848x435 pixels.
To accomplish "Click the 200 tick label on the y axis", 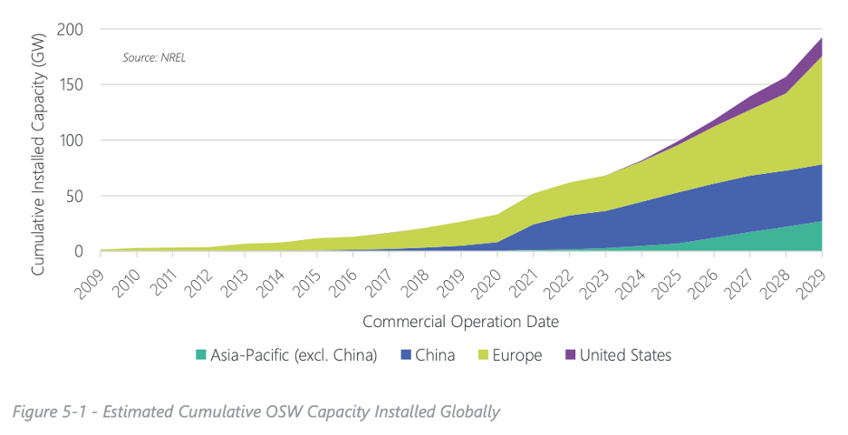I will click(x=71, y=30).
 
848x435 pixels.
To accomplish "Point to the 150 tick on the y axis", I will click(x=71, y=85).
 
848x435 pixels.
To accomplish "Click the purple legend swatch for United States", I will click(x=570, y=355).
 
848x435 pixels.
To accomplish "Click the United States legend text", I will click(x=626, y=355).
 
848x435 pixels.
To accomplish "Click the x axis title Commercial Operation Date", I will click(x=460, y=322).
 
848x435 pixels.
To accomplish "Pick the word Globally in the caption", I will click(x=467, y=412).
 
